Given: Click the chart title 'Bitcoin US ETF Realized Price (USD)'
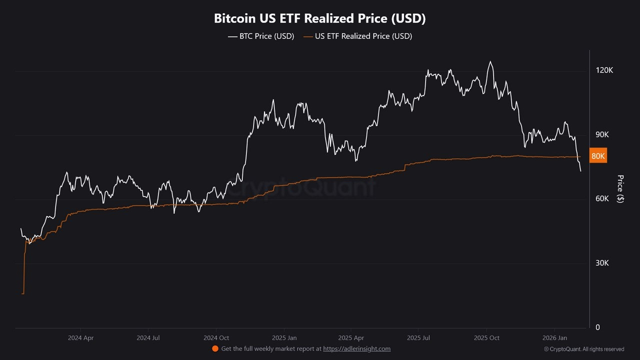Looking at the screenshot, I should (319, 18).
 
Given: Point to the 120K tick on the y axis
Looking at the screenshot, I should (604, 70).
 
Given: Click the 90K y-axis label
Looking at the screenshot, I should (602, 134).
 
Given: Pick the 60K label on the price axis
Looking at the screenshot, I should (602, 198).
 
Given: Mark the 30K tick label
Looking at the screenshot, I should (602, 263).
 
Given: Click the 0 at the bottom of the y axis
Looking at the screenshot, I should (597, 327).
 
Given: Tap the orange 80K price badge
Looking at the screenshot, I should (598, 156).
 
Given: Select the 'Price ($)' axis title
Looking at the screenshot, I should (620, 188).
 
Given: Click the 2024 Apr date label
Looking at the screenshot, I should (80, 338).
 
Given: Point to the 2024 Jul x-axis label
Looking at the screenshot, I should (148, 338).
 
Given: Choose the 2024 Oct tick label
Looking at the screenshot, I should (216, 338).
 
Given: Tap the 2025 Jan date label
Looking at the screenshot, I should (285, 338).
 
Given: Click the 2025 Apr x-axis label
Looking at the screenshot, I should (351, 338).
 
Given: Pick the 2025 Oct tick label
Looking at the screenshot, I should (487, 338).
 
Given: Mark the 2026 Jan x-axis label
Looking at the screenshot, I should (555, 338).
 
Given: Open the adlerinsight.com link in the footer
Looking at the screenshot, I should (356, 349).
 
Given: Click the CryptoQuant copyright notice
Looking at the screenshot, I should (584, 349).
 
